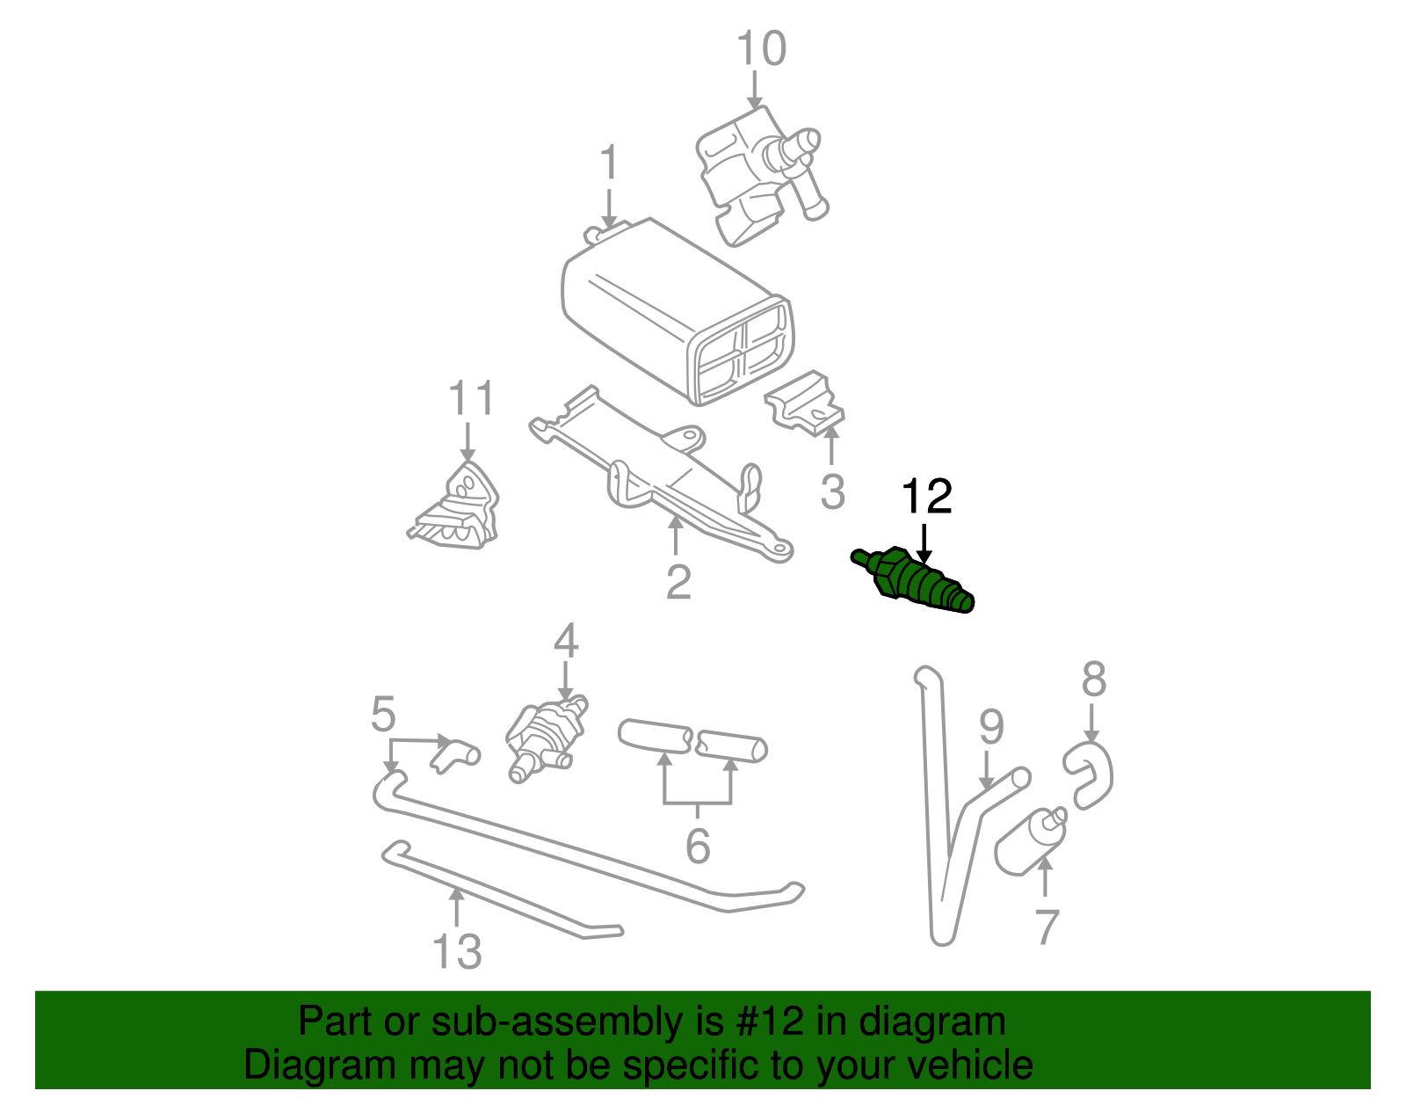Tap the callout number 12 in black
(927, 497)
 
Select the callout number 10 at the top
(760, 48)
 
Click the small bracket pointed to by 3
(804, 406)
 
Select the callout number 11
(472, 398)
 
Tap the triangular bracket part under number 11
(457, 510)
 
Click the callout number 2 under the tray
(678, 581)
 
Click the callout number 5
(383, 714)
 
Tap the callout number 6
(697, 846)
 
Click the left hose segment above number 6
(655, 737)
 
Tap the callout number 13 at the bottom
(457, 952)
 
